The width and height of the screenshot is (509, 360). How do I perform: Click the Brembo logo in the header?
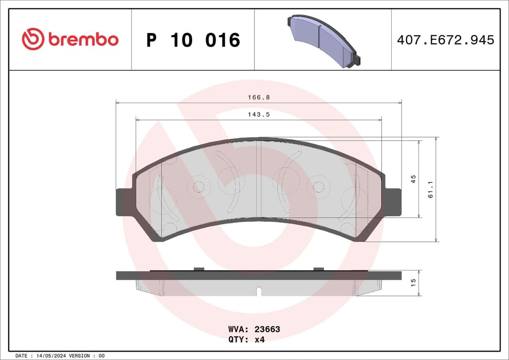click(x=70, y=40)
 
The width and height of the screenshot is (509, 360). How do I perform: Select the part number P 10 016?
click(x=193, y=40)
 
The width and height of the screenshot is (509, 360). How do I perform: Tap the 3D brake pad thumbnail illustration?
click(x=323, y=41)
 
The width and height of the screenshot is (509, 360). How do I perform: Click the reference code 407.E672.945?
click(x=445, y=40)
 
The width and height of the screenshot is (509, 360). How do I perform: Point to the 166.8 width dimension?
click(x=259, y=98)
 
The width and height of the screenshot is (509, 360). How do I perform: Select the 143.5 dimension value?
click(x=259, y=115)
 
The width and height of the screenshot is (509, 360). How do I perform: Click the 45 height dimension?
click(x=413, y=179)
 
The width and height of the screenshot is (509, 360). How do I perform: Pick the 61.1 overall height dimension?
click(x=430, y=190)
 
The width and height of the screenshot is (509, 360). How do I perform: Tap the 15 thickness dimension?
click(x=413, y=283)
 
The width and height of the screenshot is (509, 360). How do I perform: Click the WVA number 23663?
click(x=267, y=329)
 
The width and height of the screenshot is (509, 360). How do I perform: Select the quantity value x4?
click(x=260, y=339)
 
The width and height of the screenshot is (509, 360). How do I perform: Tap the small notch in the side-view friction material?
click(x=258, y=291)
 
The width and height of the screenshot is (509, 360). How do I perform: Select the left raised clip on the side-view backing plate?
click(x=198, y=269)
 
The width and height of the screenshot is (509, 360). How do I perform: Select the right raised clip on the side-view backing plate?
click(x=319, y=269)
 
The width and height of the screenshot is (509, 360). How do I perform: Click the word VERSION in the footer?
click(x=83, y=355)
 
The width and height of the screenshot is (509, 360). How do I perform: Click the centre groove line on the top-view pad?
click(x=261, y=179)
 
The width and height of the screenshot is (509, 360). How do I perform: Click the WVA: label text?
click(x=238, y=329)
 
